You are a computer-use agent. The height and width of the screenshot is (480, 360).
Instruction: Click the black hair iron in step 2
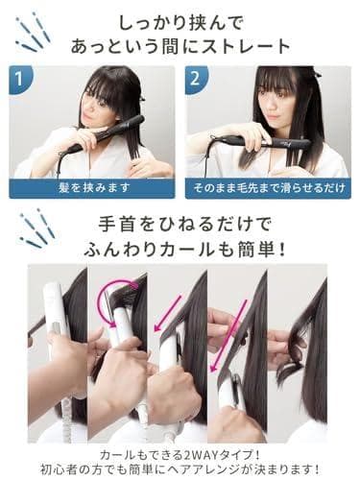click(x=269, y=142)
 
